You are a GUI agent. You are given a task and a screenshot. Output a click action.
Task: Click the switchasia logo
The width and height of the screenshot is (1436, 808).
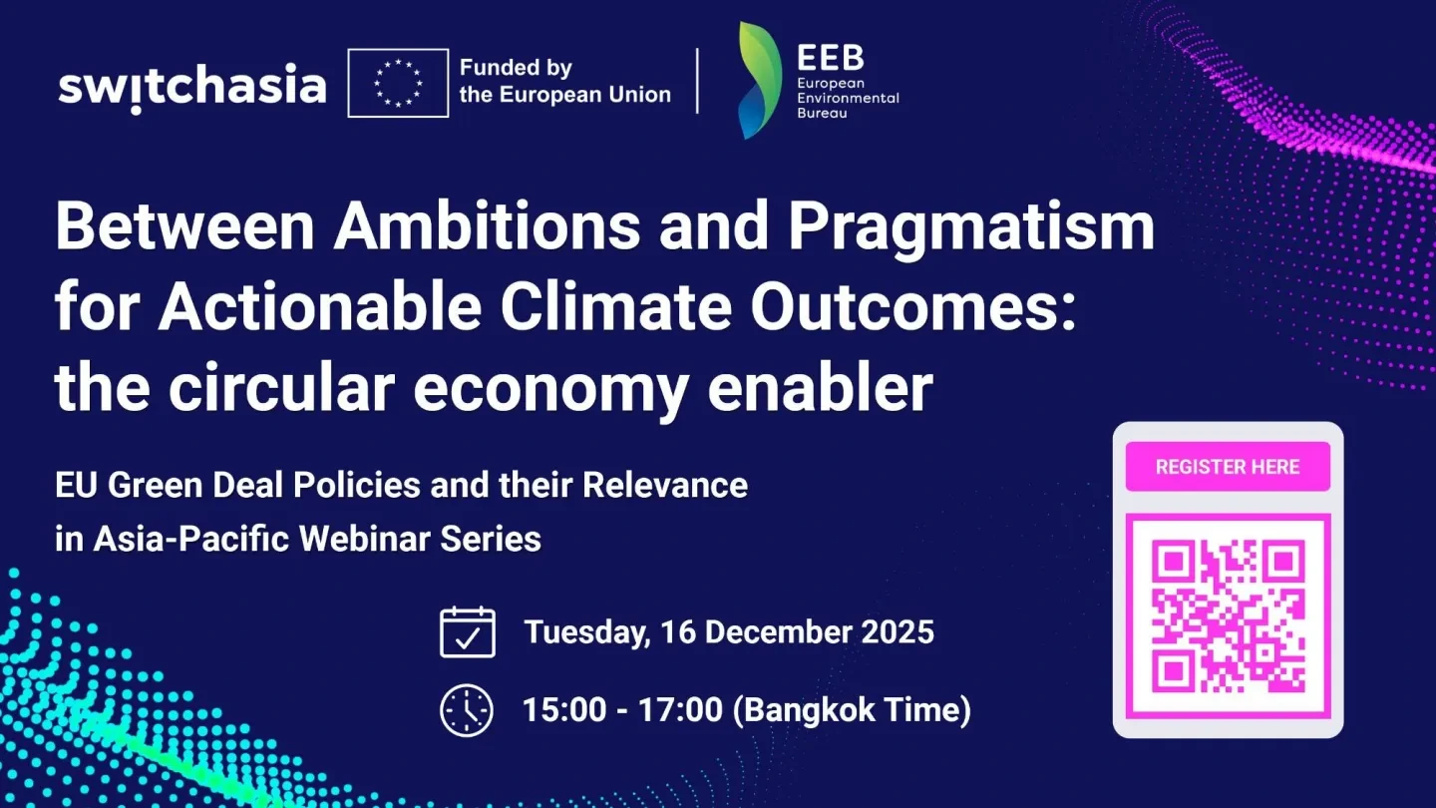click(x=192, y=88)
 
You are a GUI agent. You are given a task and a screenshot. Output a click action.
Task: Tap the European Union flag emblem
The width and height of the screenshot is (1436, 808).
click(x=398, y=84)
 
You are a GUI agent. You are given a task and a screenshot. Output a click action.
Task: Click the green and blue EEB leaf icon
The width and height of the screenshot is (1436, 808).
click(x=760, y=81)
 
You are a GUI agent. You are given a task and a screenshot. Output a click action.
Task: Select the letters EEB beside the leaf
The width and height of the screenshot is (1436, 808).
click(x=831, y=58)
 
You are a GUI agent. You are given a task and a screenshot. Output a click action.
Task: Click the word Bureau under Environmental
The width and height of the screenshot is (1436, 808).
click(x=823, y=114)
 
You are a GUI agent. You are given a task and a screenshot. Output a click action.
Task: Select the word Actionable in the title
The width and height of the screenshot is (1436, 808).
click(x=320, y=306)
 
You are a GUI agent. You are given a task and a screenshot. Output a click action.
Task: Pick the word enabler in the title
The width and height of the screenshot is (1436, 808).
click(x=821, y=387)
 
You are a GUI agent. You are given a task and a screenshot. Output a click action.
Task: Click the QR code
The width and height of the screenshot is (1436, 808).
click(x=1229, y=616)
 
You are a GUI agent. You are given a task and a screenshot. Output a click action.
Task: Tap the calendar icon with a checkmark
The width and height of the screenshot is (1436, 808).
click(x=468, y=632)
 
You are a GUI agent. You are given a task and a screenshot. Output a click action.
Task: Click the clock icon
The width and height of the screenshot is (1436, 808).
click(x=467, y=710)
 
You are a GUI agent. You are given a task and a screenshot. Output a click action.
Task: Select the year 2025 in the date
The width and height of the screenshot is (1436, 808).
click(x=897, y=631)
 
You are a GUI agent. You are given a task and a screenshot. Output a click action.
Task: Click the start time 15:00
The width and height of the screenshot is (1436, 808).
click(x=564, y=710)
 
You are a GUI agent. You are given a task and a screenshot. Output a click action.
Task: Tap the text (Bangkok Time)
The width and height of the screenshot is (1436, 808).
click(x=852, y=710)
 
